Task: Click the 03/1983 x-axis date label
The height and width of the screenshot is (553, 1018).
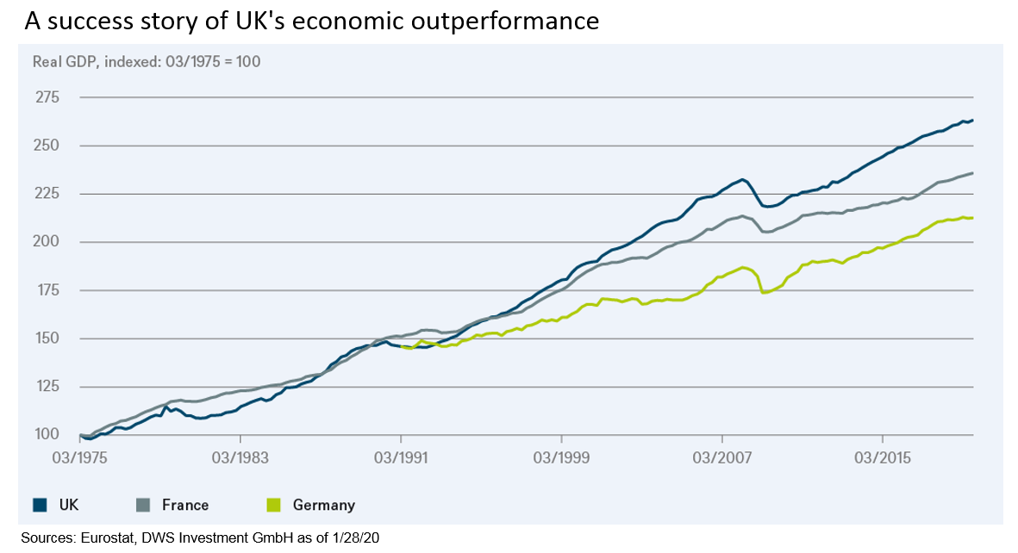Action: pyautogui.click(x=239, y=455)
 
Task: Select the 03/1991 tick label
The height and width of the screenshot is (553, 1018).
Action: pyautogui.click(x=400, y=455)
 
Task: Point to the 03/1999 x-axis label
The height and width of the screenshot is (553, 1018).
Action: pyautogui.click(x=560, y=455)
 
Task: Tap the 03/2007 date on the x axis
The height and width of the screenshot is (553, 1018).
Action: pyautogui.click(x=721, y=455)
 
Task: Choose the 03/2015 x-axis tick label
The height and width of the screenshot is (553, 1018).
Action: pyautogui.click(x=881, y=455)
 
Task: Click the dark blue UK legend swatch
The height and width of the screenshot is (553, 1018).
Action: pyautogui.click(x=39, y=505)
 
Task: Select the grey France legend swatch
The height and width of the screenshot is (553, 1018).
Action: pyautogui.click(x=143, y=505)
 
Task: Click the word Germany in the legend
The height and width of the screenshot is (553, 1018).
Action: pyautogui.click(x=323, y=506)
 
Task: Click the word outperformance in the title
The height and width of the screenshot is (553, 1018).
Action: pyautogui.click(x=503, y=21)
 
